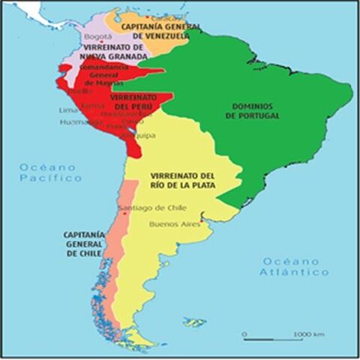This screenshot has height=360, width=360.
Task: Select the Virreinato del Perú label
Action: pyautogui.click(x=133, y=102)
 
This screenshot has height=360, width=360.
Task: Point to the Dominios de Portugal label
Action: pyautogui.click(x=251, y=111)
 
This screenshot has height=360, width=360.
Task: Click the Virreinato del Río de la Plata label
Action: pyautogui.click(x=183, y=180)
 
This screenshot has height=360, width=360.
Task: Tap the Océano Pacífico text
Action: pyautogui.click(x=51, y=172)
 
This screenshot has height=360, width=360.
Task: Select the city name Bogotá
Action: pyautogui.click(x=97, y=35)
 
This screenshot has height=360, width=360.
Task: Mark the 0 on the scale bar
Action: pyautogui.click(x=244, y=333)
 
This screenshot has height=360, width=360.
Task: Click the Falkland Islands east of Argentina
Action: pyautogui.click(x=193, y=322)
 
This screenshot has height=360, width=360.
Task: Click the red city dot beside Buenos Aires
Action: pyautogui.click(x=202, y=222)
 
